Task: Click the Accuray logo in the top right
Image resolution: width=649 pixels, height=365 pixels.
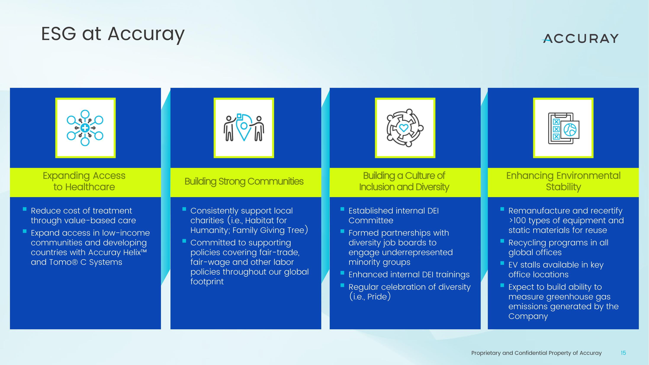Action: click(x=580, y=39)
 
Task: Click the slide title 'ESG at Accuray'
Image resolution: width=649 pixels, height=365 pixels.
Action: click(x=113, y=34)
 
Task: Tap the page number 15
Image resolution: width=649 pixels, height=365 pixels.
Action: click(x=623, y=353)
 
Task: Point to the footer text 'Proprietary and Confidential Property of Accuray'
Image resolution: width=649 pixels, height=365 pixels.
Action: click(x=536, y=353)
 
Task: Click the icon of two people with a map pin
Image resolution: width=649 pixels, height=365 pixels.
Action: click(x=244, y=128)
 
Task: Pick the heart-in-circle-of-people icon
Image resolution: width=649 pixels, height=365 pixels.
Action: click(x=405, y=128)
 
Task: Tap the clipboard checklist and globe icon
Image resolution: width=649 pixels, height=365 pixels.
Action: click(x=563, y=128)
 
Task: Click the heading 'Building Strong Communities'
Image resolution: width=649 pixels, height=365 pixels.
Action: click(x=244, y=181)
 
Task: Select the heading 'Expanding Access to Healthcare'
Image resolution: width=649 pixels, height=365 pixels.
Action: click(x=84, y=181)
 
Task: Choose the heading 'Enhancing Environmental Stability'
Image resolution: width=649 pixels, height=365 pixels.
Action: click(x=563, y=181)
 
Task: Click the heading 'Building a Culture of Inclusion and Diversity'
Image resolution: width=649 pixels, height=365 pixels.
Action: click(x=404, y=181)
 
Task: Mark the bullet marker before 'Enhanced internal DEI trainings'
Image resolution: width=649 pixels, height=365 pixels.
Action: click(x=342, y=273)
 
